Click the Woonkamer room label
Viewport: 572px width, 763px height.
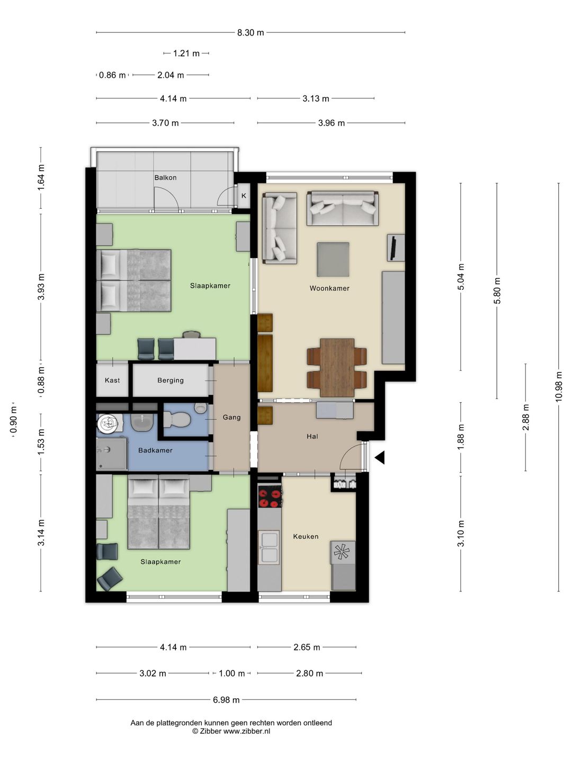(329, 288)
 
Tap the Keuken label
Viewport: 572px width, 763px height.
(306, 536)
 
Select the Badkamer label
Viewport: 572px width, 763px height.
(155, 450)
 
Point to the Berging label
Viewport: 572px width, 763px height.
(170, 380)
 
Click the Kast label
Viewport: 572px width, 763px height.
(112, 380)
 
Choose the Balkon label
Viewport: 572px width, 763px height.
(165, 178)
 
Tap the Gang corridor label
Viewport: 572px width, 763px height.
(231, 417)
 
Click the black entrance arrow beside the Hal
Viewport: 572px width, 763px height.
(380, 457)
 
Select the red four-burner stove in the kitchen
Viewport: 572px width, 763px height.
(270, 498)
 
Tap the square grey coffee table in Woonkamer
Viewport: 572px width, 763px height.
(333, 259)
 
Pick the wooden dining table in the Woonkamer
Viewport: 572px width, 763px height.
(337, 367)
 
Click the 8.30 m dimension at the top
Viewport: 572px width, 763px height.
(251, 33)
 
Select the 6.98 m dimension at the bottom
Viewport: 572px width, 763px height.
(226, 700)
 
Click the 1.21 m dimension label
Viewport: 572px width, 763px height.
(186, 54)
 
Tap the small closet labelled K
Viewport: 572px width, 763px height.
(244, 196)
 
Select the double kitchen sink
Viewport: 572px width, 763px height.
(269, 547)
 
